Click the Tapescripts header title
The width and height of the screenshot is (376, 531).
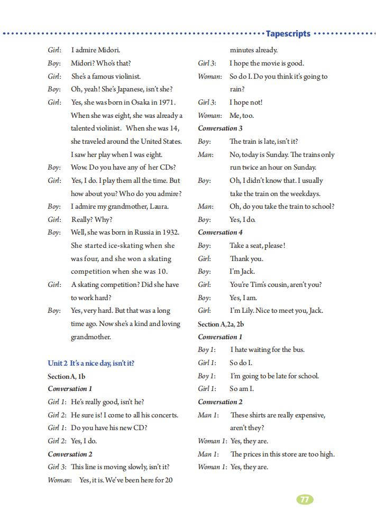(288, 34)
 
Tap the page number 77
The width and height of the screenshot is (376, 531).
(305, 499)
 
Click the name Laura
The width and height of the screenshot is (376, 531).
(158, 207)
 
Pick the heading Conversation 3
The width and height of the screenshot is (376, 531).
(220, 128)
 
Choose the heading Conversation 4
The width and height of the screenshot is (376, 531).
(220, 232)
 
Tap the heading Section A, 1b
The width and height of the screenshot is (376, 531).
(66, 376)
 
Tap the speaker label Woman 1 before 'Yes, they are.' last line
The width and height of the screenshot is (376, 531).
(212, 467)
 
